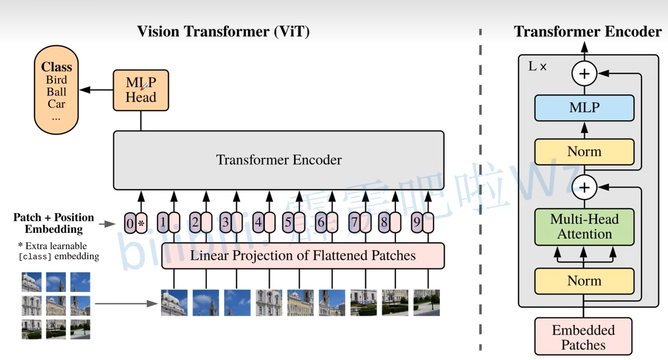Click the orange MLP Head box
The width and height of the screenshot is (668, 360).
point(141,90)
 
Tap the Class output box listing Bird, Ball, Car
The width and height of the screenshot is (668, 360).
point(56,91)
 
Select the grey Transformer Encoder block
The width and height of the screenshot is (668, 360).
point(279,160)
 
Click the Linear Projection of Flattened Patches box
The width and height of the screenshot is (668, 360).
point(303,256)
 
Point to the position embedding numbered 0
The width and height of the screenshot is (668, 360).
point(130,224)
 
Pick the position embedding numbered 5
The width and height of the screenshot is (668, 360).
point(288,223)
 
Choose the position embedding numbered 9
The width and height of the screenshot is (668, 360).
point(417,223)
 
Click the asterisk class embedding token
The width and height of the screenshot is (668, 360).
point(141,224)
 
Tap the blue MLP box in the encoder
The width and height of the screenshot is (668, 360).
point(584,108)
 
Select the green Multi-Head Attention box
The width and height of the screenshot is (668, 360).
point(584,227)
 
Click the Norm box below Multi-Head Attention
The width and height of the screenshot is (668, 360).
point(584,281)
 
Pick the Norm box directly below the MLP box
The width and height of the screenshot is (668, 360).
point(584,152)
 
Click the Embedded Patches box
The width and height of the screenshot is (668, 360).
point(583,337)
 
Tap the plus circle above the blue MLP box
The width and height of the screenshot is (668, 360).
point(584,74)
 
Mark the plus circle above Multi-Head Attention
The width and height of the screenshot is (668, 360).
point(584,187)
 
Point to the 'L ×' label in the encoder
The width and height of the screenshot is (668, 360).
point(537,66)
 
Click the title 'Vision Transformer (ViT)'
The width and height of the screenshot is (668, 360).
point(223,32)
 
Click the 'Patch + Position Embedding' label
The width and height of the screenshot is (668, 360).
point(53,223)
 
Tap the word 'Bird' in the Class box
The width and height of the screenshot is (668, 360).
point(56,80)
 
